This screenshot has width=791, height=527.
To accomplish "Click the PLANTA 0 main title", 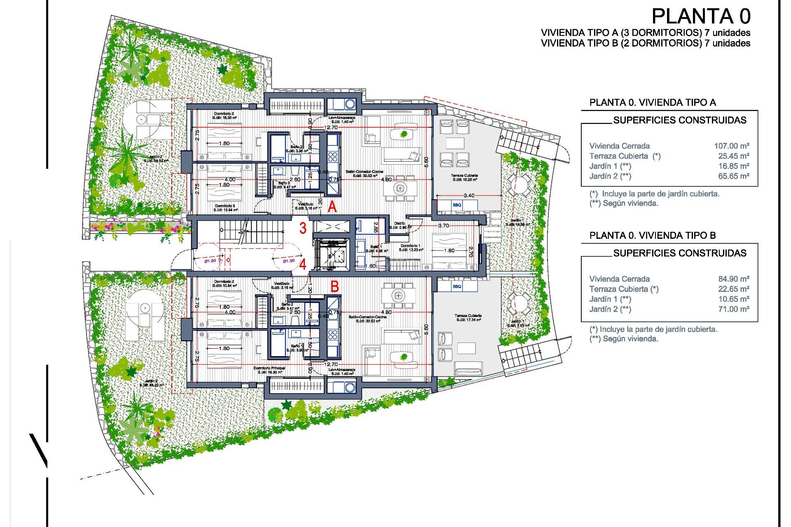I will (701, 17).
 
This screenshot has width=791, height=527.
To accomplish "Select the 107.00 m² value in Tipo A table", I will (731, 146).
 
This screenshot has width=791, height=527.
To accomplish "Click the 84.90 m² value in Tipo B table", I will (733, 279).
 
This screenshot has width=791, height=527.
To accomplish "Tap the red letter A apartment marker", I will (332, 207).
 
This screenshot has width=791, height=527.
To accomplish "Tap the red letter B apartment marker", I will (335, 287).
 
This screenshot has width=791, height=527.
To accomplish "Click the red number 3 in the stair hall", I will (303, 228).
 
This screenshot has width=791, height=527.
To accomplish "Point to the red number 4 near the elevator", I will (303, 264).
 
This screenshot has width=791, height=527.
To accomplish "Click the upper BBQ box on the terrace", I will (457, 205).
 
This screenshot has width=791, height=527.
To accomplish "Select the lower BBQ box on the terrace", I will (457, 286).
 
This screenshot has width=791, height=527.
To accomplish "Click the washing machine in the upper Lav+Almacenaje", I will (350, 104).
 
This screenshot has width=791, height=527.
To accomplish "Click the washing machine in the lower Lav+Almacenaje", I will (350, 387).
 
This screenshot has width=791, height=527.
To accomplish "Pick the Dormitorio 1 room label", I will (411, 246).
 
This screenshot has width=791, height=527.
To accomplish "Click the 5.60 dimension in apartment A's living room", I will (426, 162).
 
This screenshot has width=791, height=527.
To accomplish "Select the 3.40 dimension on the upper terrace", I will (468, 196).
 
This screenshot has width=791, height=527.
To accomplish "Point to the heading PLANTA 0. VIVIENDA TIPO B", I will (653, 236).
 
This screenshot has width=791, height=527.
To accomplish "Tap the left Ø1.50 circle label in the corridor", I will (210, 261).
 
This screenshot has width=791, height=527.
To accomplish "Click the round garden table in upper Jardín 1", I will (519, 185).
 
